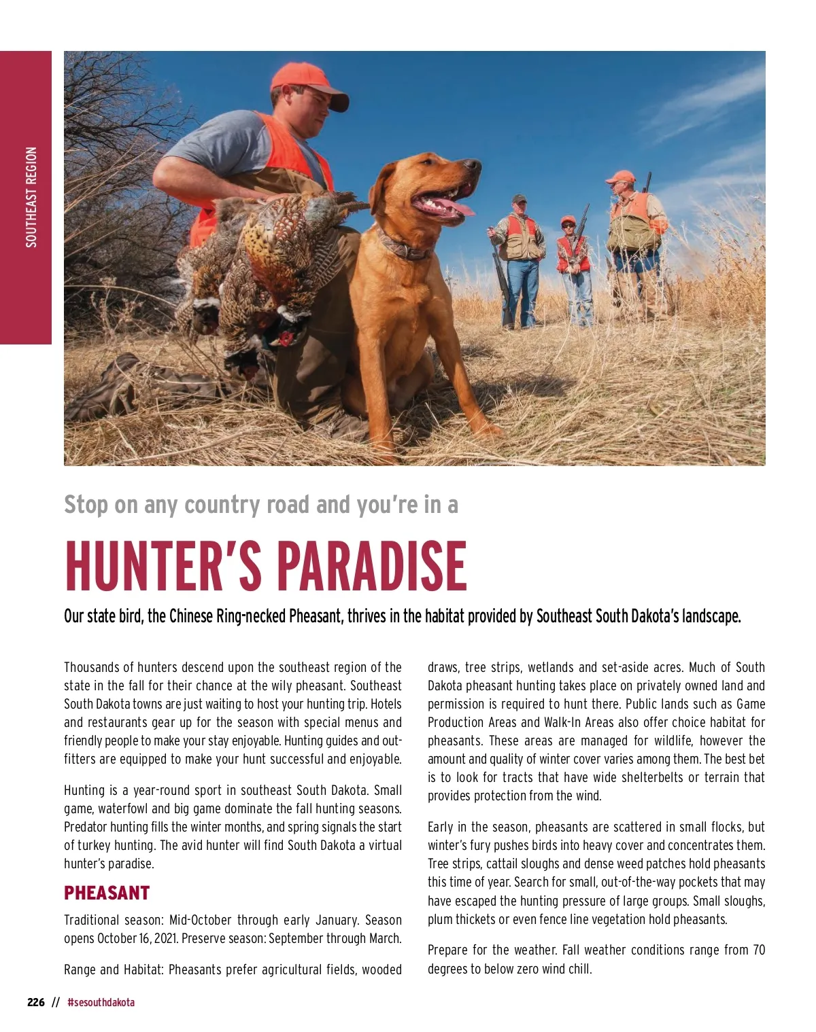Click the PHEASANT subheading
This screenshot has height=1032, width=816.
point(107,892)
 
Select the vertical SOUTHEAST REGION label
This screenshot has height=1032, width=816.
point(31,197)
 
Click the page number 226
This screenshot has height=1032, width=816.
point(36,1002)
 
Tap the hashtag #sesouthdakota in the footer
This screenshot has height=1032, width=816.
point(101,1002)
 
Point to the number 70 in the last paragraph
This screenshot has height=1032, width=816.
point(758,950)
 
